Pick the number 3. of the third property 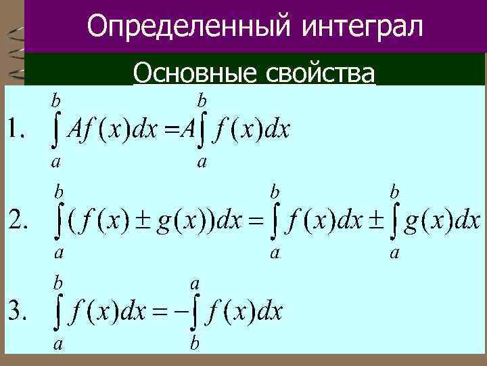click(18, 312)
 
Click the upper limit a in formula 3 click(195, 280)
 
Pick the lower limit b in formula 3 click(195, 345)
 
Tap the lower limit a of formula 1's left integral click(55, 162)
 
